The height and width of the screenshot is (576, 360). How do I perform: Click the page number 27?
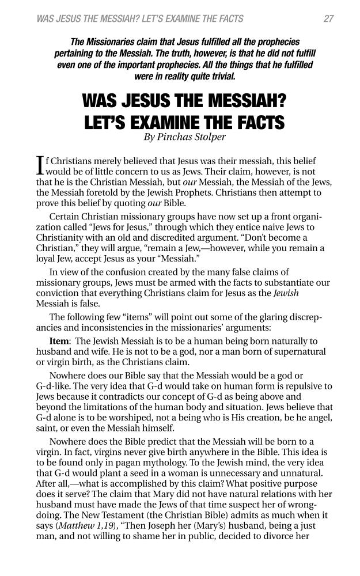(x=328, y=18)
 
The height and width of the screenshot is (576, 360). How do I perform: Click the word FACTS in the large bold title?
(x=251, y=123)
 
